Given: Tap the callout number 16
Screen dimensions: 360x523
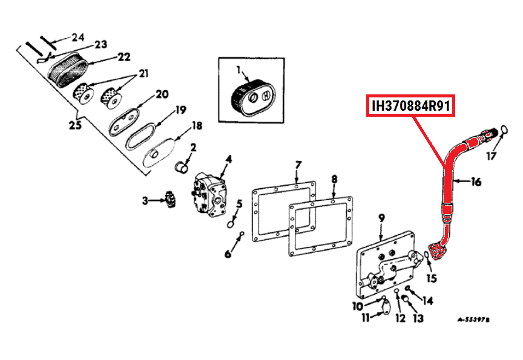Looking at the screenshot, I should [x=476, y=182].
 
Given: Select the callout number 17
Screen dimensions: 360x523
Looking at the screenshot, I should [x=491, y=156].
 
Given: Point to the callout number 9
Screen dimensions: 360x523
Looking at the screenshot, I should [x=381, y=217].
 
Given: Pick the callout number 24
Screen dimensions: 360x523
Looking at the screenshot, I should [x=77, y=37].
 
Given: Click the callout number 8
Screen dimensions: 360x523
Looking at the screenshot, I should [x=334, y=178].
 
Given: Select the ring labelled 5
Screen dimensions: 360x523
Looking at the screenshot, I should [x=231, y=224].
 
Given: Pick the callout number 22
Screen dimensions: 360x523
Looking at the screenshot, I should [x=123, y=57].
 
